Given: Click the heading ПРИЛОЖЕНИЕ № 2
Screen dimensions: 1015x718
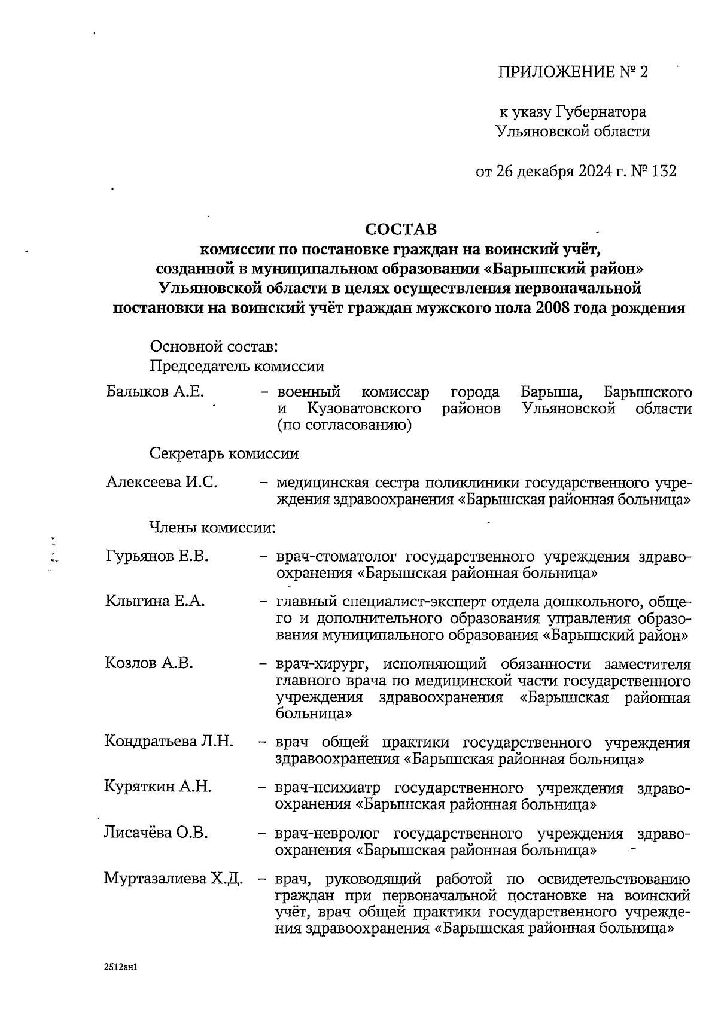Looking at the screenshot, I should click(x=573, y=72).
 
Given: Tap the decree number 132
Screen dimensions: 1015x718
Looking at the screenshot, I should click(x=664, y=172).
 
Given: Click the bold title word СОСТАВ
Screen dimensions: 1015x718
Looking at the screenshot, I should click(x=400, y=230).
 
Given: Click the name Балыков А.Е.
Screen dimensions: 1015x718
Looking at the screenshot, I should click(x=155, y=392).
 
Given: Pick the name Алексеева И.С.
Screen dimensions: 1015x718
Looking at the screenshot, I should click(x=161, y=482).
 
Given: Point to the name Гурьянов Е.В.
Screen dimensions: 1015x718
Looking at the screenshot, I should click(x=157, y=557).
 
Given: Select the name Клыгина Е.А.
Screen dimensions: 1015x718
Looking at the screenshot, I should click(x=155, y=602).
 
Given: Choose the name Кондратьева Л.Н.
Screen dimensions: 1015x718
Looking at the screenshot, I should click(x=169, y=742).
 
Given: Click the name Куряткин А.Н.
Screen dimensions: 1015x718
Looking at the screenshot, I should click(x=158, y=787).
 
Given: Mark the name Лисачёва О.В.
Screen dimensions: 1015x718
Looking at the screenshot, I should click(x=156, y=833).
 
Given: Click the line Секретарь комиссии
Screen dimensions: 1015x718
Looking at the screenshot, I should click(x=224, y=453).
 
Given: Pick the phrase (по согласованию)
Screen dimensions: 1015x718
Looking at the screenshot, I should click(x=343, y=426).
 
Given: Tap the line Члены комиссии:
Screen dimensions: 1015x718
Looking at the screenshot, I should click(x=212, y=528).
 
